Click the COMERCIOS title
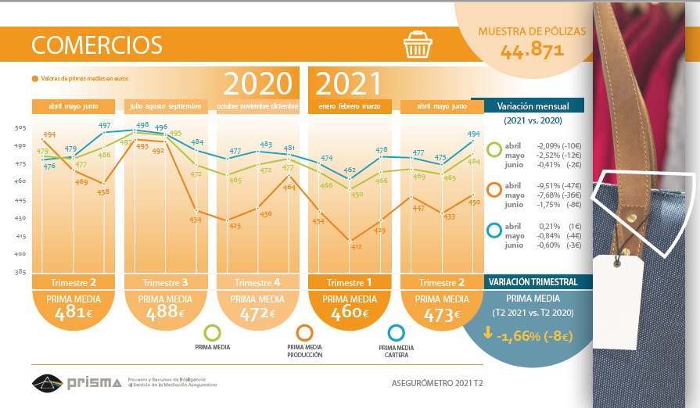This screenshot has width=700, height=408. click(97, 45)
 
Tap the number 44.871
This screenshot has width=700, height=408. click(532, 52)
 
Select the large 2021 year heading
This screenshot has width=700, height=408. click(348, 84)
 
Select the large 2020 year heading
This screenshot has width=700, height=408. click(258, 84)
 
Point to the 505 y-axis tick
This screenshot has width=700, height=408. click(21, 127)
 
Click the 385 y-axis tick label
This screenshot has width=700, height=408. click(21, 272)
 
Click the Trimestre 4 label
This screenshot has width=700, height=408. click(257, 282)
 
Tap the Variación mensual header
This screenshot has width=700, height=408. click(532, 106)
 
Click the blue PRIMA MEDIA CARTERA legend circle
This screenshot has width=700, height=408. click(396, 333)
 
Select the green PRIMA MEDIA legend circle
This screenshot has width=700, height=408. click(211, 333)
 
